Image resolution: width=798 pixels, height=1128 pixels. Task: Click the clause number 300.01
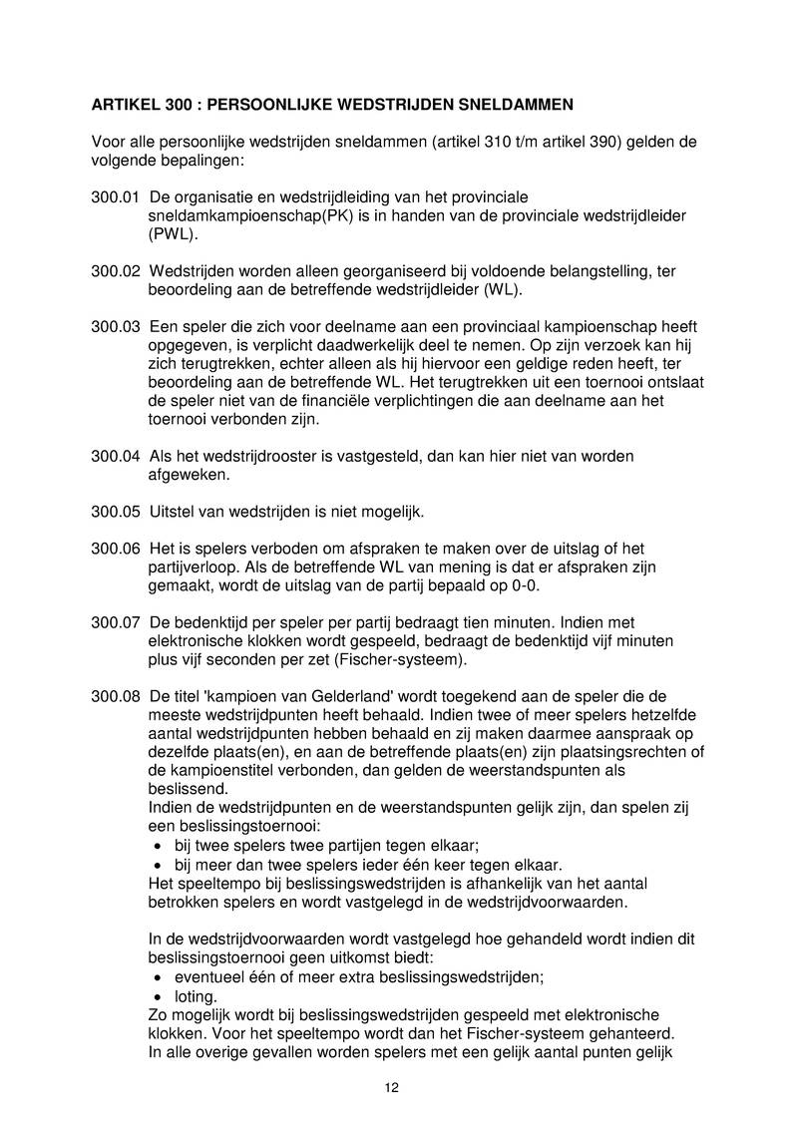115,197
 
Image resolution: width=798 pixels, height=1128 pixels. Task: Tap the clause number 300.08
115,694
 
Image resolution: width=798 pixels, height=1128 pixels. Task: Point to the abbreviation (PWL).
174,235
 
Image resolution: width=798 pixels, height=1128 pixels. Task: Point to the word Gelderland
335,694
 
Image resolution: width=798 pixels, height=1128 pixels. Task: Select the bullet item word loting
196,995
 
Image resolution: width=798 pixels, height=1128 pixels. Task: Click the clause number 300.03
115,327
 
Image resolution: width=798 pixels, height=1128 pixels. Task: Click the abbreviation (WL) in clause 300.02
502,290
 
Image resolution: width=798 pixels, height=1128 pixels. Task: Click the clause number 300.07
115,622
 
